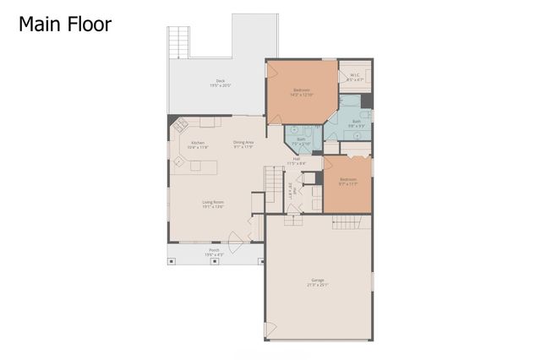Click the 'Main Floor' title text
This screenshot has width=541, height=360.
coord(65,25)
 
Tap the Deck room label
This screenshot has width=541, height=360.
coord(217,84)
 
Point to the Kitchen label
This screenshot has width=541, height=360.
coord(197,145)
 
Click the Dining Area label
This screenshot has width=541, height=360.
coord(243,144)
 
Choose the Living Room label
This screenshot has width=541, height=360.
coord(212,204)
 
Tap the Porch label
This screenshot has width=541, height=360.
coord(214,252)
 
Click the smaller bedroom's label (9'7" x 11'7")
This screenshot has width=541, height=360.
coord(348,181)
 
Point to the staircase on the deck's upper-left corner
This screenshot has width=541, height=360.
coord(178,42)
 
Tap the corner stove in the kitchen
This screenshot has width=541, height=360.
coord(181,124)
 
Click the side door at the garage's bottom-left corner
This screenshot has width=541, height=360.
coord(270,329)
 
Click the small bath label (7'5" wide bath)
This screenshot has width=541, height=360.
coord(300,141)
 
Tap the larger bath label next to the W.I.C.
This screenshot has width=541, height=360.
coord(356,123)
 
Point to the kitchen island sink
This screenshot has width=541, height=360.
coord(180,160)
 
